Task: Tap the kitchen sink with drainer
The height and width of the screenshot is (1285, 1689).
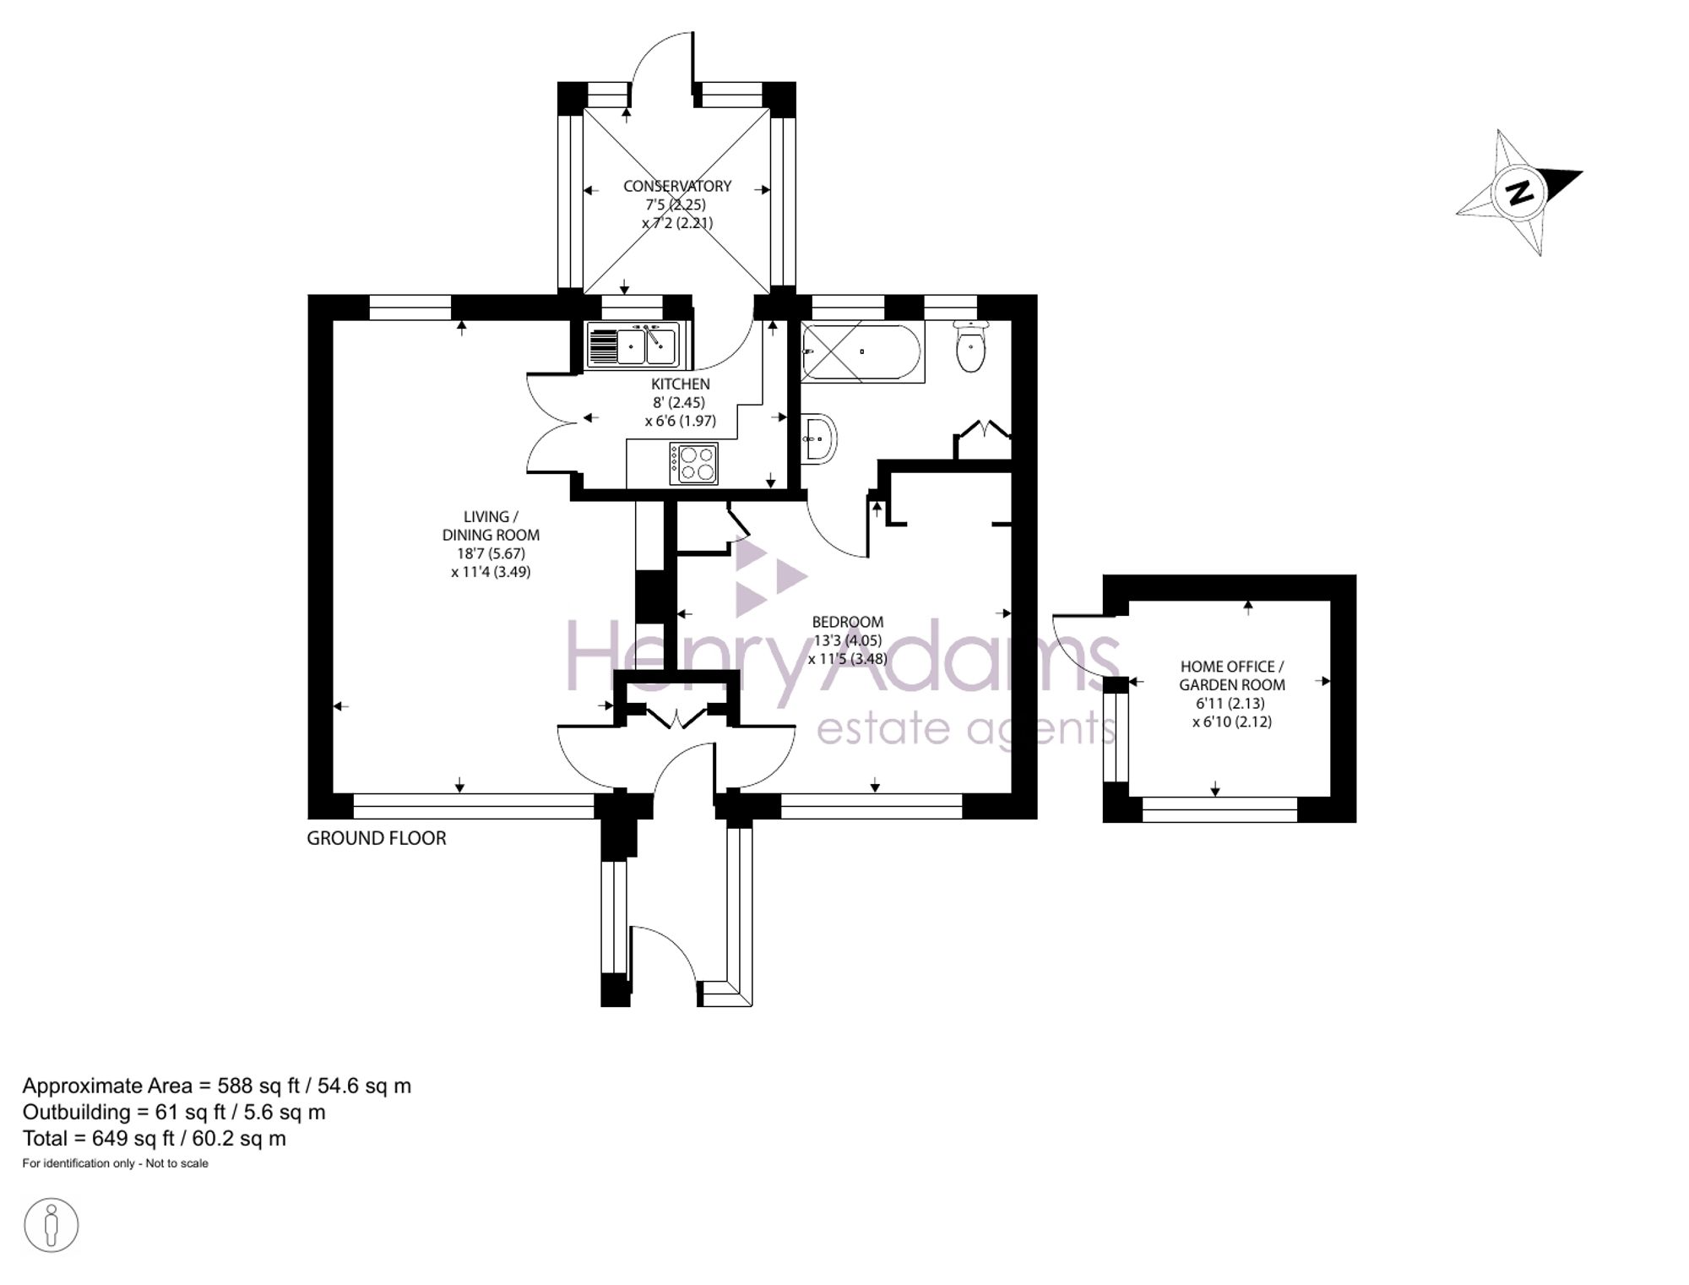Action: (x=634, y=345)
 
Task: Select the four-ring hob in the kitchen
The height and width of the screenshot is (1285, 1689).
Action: (x=693, y=463)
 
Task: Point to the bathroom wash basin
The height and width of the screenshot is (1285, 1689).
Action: (x=818, y=438)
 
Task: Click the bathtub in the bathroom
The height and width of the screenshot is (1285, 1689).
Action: (x=862, y=351)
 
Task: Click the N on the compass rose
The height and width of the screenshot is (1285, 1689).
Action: (x=1520, y=193)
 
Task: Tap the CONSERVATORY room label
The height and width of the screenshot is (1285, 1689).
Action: (x=677, y=186)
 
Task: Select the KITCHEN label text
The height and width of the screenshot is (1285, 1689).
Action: (x=681, y=384)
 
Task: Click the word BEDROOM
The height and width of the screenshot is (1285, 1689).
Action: (x=848, y=622)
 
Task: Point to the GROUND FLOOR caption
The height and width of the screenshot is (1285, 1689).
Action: (x=377, y=838)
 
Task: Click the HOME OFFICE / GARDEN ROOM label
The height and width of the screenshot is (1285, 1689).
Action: (x=1232, y=676)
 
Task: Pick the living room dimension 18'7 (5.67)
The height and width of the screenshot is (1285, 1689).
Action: (x=491, y=553)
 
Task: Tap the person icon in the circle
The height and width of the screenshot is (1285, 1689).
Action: (x=52, y=1224)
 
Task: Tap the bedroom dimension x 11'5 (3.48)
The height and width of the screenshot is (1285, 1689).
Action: (x=848, y=659)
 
